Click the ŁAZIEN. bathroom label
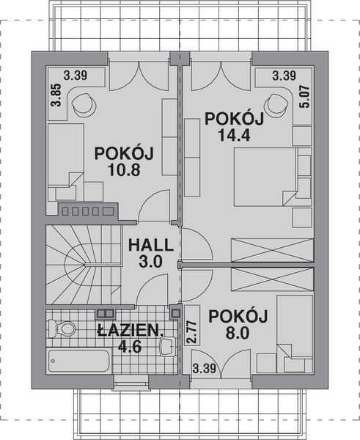[x=129, y=331]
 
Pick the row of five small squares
[x=87, y=211]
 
